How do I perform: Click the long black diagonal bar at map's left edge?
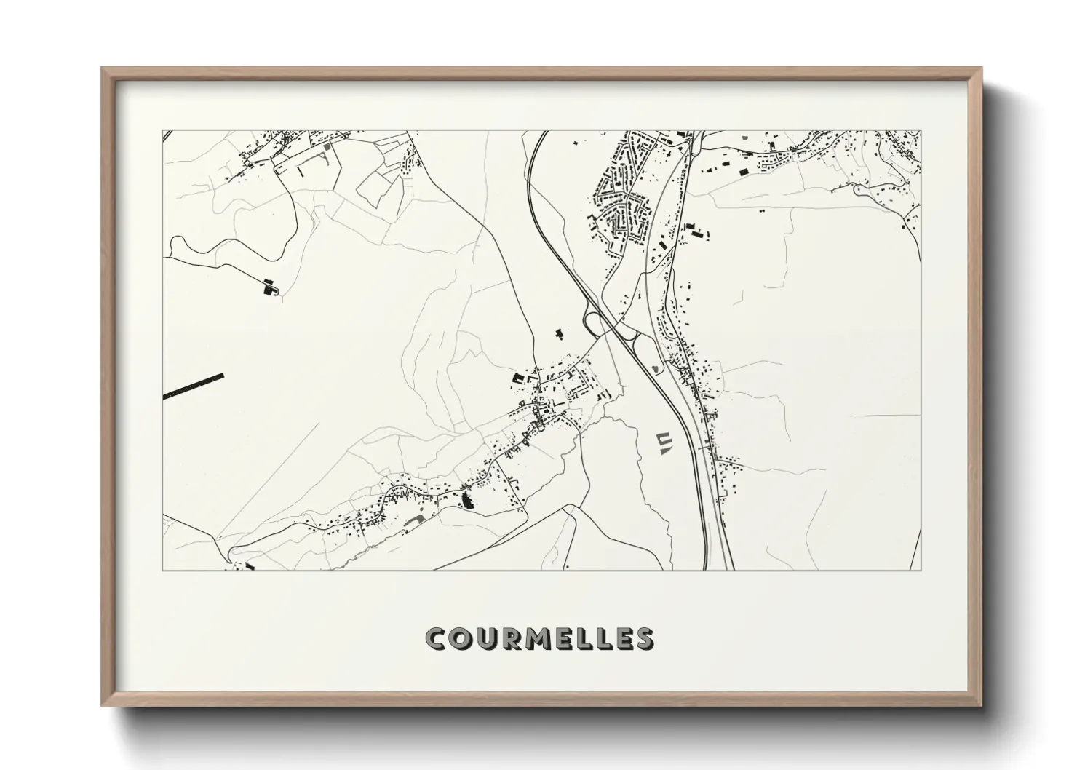[194, 386]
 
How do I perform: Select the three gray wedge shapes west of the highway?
[663, 442]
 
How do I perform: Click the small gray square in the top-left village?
[326, 146]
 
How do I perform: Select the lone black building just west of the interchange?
[559, 334]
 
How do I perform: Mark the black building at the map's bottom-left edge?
[250, 565]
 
